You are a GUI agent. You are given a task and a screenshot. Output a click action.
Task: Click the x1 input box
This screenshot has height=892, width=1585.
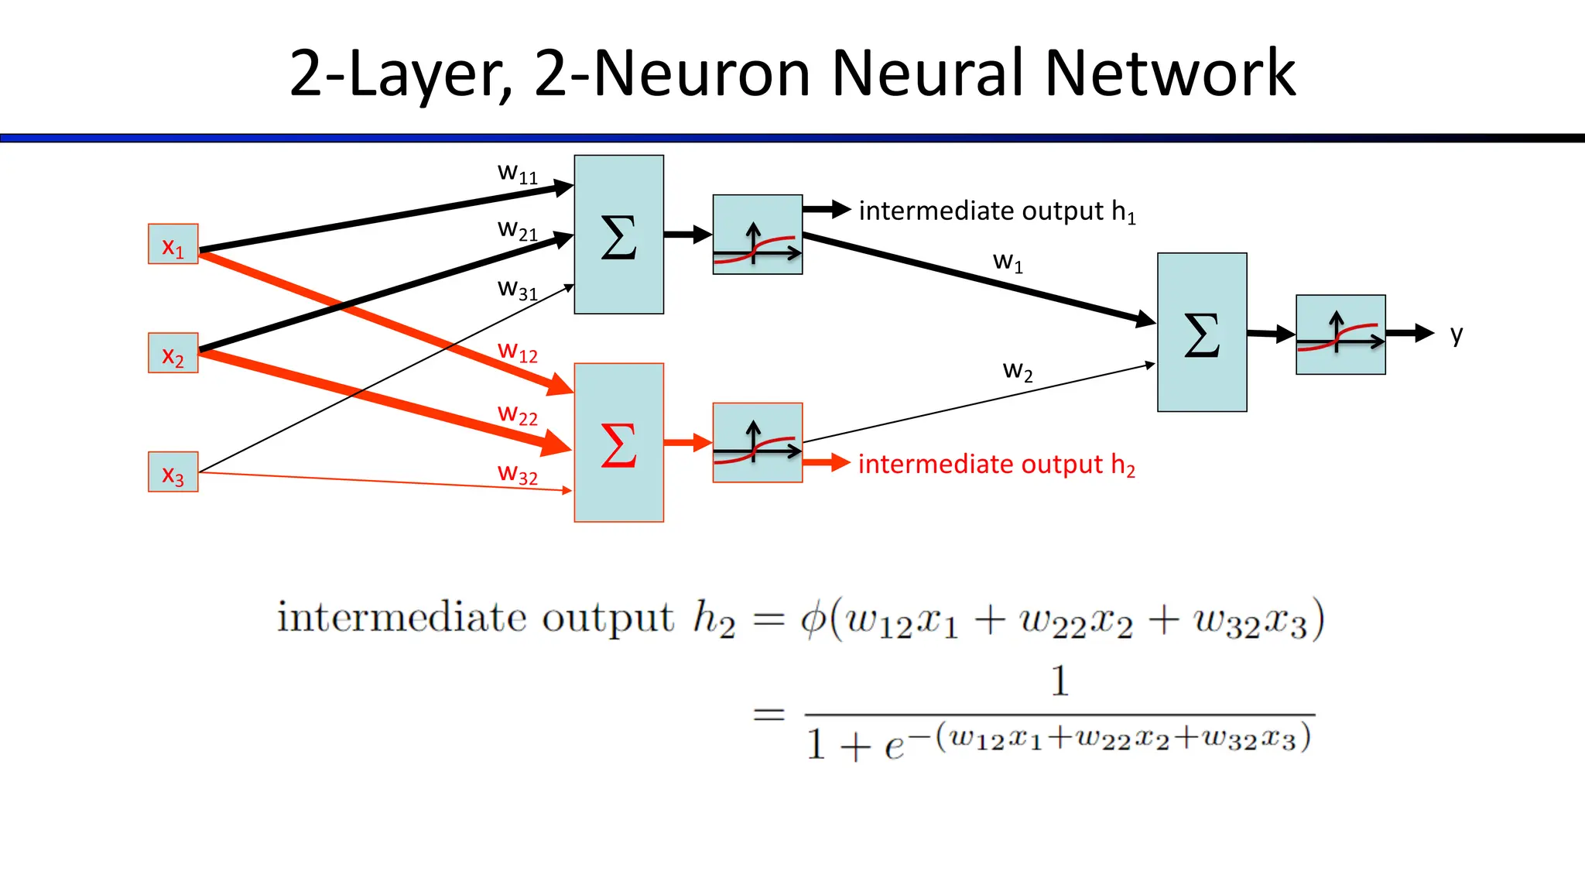[173, 244]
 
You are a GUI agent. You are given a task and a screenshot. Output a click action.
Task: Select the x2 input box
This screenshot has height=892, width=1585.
[173, 353]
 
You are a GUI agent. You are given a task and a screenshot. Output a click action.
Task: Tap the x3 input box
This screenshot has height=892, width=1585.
[173, 472]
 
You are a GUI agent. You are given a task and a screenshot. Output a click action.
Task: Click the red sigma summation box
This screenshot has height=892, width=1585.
[618, 442]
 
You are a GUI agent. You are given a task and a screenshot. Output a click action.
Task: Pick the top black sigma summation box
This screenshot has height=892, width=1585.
[618, 235]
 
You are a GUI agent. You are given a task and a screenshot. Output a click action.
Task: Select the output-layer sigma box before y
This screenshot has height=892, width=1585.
[1201, 332]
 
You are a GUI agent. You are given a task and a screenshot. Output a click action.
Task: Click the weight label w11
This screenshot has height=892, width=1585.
[517, 173]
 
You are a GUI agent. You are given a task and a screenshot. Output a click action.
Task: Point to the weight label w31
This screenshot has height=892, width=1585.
[517, 290]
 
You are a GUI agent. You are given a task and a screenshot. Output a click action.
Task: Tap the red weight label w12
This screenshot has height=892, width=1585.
[517, 352]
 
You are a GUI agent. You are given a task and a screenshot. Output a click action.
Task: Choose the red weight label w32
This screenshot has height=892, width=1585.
[517, 473]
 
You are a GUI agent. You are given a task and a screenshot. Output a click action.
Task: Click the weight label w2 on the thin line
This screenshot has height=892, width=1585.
[1018, 371]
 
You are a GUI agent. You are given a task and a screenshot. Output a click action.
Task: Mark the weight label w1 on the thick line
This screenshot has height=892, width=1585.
[1008, 262]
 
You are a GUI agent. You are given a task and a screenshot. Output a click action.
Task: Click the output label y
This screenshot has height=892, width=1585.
[1457, 334]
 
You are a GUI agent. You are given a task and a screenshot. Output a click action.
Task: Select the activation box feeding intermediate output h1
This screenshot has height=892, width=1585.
[757, 235]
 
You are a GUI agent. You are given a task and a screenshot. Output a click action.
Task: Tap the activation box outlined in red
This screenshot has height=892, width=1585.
[757, 442]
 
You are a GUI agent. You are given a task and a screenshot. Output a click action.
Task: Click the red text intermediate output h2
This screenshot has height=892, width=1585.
[996, 465]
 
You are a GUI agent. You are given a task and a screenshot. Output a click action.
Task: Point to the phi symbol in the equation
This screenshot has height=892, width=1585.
[813, 619]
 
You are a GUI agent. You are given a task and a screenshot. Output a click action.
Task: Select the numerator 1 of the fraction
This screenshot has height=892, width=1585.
[1060, 681]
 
